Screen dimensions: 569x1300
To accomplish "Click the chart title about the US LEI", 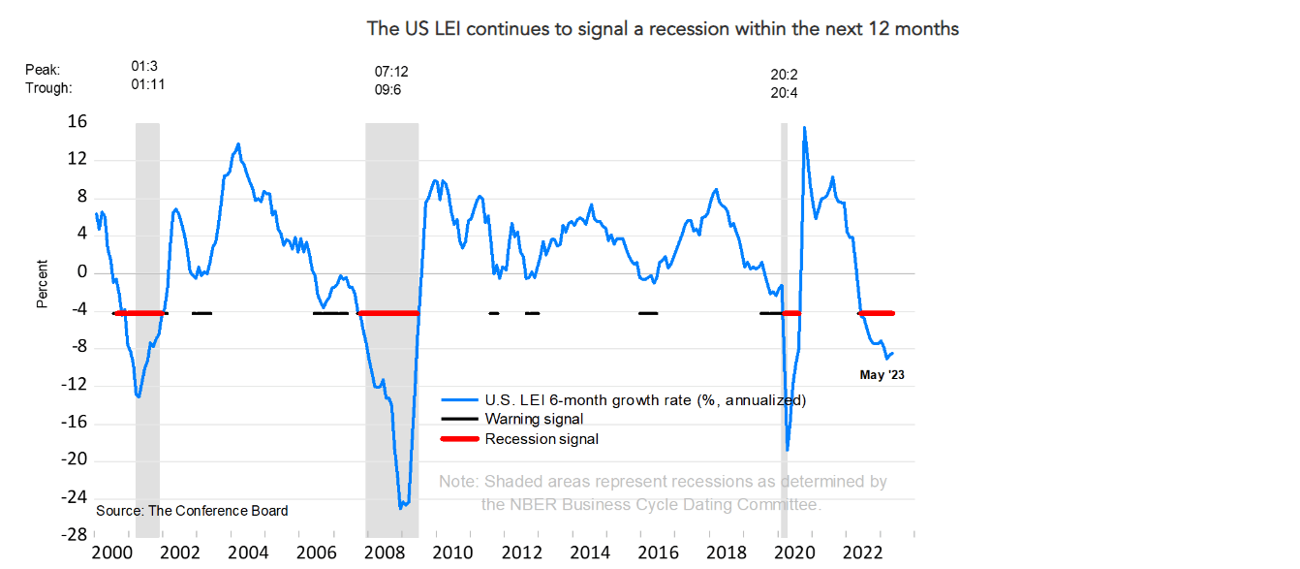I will [663, 29].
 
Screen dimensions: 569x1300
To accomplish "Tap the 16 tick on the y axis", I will [77, 122].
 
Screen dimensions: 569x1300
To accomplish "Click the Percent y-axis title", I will [42, 284].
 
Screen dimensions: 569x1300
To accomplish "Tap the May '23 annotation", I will [882, 374].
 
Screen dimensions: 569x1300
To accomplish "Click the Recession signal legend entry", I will [542, 439].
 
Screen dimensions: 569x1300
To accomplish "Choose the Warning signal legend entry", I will [534, 419].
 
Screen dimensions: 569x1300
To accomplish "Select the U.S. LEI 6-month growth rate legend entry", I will [645, 399].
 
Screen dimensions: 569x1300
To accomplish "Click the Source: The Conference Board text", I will [192, 511].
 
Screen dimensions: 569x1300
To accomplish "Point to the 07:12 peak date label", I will [391, 72].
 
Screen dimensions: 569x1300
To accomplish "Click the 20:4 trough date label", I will [784, 94].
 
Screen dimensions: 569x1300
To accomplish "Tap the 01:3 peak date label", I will [144, 67].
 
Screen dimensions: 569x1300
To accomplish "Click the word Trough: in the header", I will [48, 88].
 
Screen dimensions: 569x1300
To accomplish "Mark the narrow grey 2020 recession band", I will [785, 330].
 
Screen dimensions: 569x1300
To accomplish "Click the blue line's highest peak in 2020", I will [804, 127].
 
